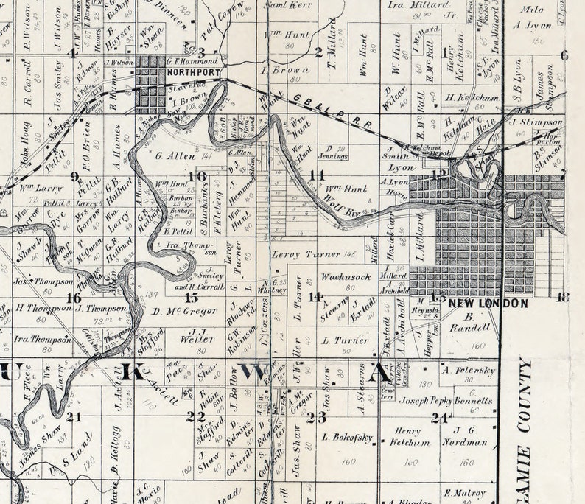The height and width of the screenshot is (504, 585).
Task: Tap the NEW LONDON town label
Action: [x=489, y=303]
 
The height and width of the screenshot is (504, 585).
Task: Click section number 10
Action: [x=197, y=176]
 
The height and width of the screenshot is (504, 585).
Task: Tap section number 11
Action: [x=317, y=175]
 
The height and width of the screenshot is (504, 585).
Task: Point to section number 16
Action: [x=73, y=298]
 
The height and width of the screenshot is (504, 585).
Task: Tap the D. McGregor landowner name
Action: [x=185, y=311]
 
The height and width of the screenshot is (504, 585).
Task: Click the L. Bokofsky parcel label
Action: [x=347, y=437]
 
